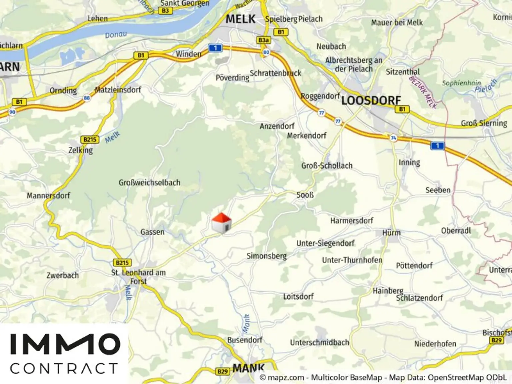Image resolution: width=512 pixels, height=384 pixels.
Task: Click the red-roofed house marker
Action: (x=221, y=223)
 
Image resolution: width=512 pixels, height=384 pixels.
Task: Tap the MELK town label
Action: (x=241, y=19)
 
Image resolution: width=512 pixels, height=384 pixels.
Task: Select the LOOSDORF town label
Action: (x=371, y=100)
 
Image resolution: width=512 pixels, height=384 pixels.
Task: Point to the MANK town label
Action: (x=248, y=368)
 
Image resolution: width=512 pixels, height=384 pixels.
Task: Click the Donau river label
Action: (x=116, y=35)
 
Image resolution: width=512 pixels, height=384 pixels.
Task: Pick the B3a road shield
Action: (x=264, y=40)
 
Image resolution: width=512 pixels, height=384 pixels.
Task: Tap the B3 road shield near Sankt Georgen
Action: (x=165, y=11)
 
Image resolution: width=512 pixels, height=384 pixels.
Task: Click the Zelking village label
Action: (x=81, y=150)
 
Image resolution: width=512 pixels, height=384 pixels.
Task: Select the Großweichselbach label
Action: (x=149, y=183)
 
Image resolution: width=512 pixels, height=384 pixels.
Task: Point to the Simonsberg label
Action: (x=266, y=256)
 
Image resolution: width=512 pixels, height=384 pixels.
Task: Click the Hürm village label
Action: (x=391, y=233)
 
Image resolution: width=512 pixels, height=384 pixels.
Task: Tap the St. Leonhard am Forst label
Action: (x=138, y=277)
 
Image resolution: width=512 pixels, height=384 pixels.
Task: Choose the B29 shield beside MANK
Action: (x=223, y=371)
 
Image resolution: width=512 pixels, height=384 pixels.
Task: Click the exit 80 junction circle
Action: (x=266, y=52)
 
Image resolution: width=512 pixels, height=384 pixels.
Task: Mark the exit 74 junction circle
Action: (x=394, y=138)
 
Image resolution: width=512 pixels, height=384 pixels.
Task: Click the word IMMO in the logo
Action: (x=65, y=344)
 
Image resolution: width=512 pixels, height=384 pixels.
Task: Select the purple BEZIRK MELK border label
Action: (x=423, y=92)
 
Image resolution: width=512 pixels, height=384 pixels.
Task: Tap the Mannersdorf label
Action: (x=48, y=195)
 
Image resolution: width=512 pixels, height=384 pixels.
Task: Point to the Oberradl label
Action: (x=456, y=231)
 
